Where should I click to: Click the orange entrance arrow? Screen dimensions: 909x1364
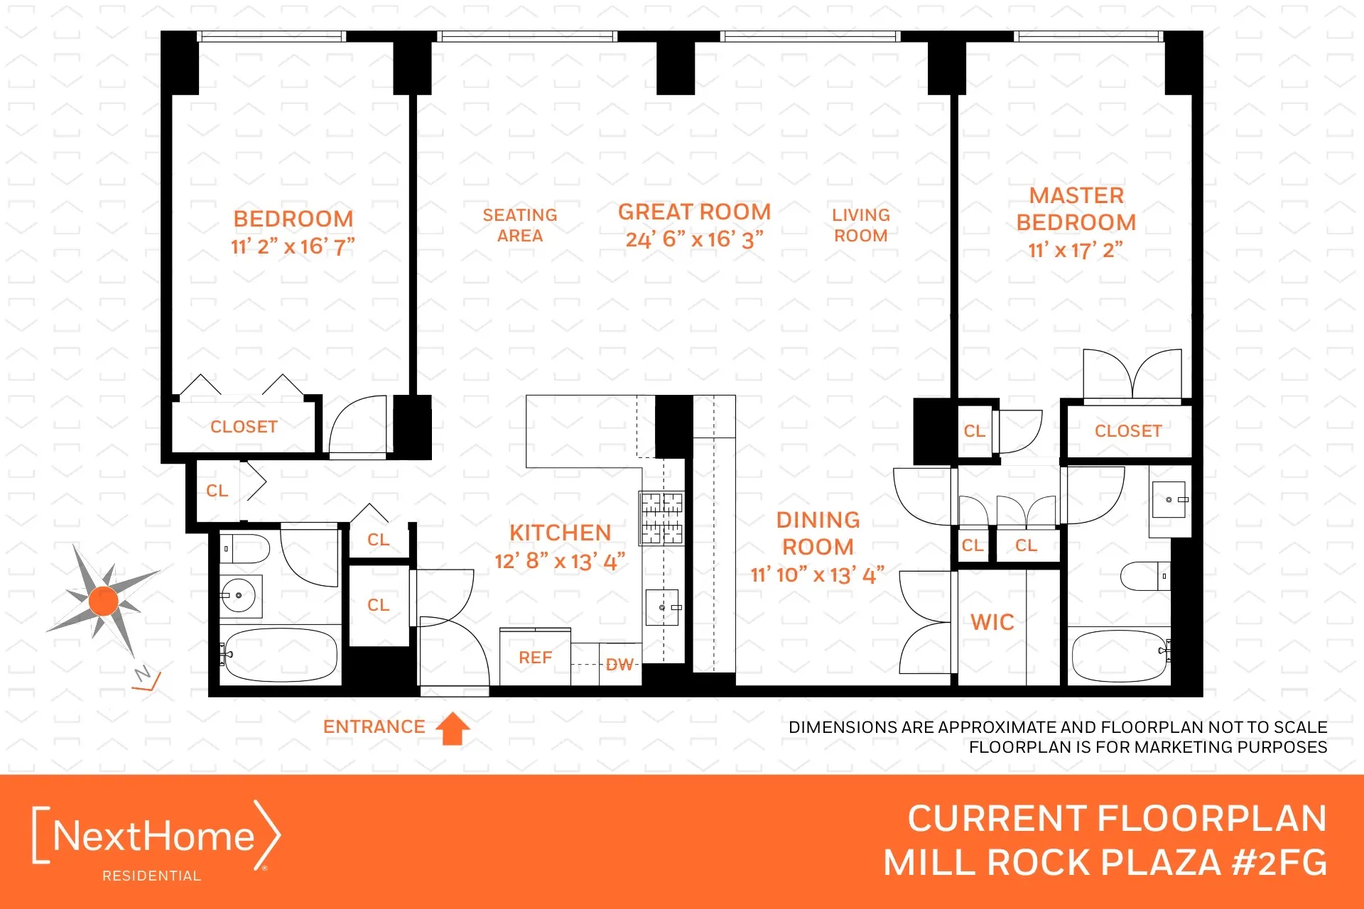[x=453, y=729]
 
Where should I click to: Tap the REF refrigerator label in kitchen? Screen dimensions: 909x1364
[x=535, y=658]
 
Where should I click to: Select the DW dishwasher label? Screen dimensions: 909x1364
[x=619, y=665]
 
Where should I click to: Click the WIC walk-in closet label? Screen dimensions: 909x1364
[x=992, y=622]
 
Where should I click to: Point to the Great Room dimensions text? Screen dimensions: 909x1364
[x=694, y=239]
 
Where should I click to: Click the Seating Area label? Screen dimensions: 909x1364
[x=520, y=225]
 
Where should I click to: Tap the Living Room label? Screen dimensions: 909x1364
[x=860, y=225]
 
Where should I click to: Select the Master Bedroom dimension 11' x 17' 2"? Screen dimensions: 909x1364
[x=1075, y=250]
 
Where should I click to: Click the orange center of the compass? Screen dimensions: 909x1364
[x=104, y=601]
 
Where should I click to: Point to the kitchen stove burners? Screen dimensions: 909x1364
[x=661, y=518]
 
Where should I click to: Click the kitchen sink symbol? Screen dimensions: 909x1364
[x=662, y=608]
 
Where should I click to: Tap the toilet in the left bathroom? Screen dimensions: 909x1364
[x=246, y=549]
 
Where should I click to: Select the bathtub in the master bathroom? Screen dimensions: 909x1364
[x=1118, y=655]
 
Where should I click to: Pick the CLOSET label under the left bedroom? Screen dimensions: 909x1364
[x=244, y=427]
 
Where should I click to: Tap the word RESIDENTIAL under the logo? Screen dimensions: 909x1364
[x=151, y=876]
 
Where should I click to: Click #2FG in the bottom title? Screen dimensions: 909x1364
[x=1279, y=863]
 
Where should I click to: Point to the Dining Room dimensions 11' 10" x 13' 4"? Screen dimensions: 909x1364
[x=817, y=575]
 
